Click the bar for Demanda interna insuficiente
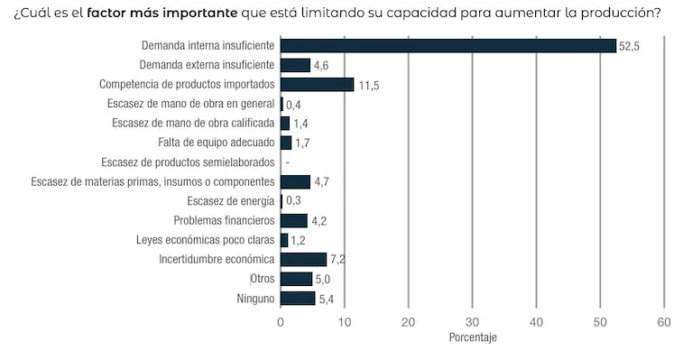click(447, 45)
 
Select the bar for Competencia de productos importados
click(317, 84)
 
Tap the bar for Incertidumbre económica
click(303, 259)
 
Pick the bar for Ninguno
click(298, 298)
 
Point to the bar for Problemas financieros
click(294, 220)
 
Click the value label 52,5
click(629, 46)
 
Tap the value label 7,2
click(338, 260)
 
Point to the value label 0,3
click(293, 200)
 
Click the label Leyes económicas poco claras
click(205, 240)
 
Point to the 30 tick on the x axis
click(472, 321)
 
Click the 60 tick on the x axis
click(664, 321)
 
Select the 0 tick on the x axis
click(281, 321)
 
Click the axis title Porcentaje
click(472, 338)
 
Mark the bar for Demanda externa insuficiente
click(295, 65)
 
